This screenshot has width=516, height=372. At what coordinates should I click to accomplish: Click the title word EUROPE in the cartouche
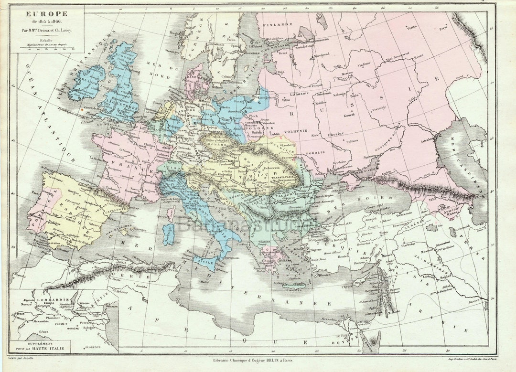point(41,14)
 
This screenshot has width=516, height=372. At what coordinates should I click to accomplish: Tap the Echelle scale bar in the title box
point(47,46)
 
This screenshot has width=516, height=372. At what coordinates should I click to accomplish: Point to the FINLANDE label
point(281,24)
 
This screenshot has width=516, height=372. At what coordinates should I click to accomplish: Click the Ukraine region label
point(336,134)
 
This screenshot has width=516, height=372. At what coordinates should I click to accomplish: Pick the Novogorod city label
point(322,54)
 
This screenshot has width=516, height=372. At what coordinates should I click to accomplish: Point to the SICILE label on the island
point(204,262)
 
